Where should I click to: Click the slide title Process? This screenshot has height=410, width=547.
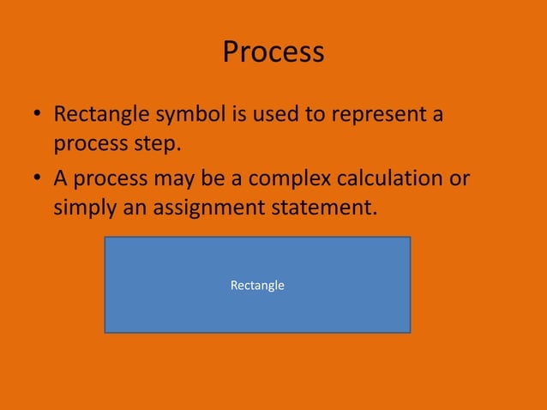click(273, 52)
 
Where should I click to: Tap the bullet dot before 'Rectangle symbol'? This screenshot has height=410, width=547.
click(38, 116)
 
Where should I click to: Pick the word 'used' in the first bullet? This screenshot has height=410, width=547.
click(273, 114)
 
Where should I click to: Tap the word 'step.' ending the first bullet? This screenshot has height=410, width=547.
click(159, 143)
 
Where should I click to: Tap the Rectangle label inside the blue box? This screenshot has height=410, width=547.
click(257, 285)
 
